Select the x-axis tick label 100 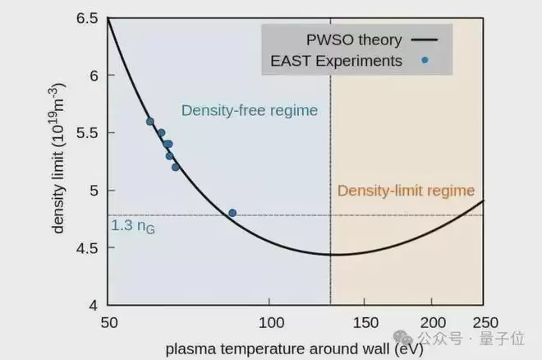270,323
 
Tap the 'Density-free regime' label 250,110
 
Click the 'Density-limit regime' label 406,192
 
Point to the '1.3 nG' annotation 132,226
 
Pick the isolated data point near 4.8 232,213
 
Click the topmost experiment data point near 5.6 150,122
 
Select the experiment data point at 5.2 176,167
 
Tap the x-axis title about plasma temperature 294,349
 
